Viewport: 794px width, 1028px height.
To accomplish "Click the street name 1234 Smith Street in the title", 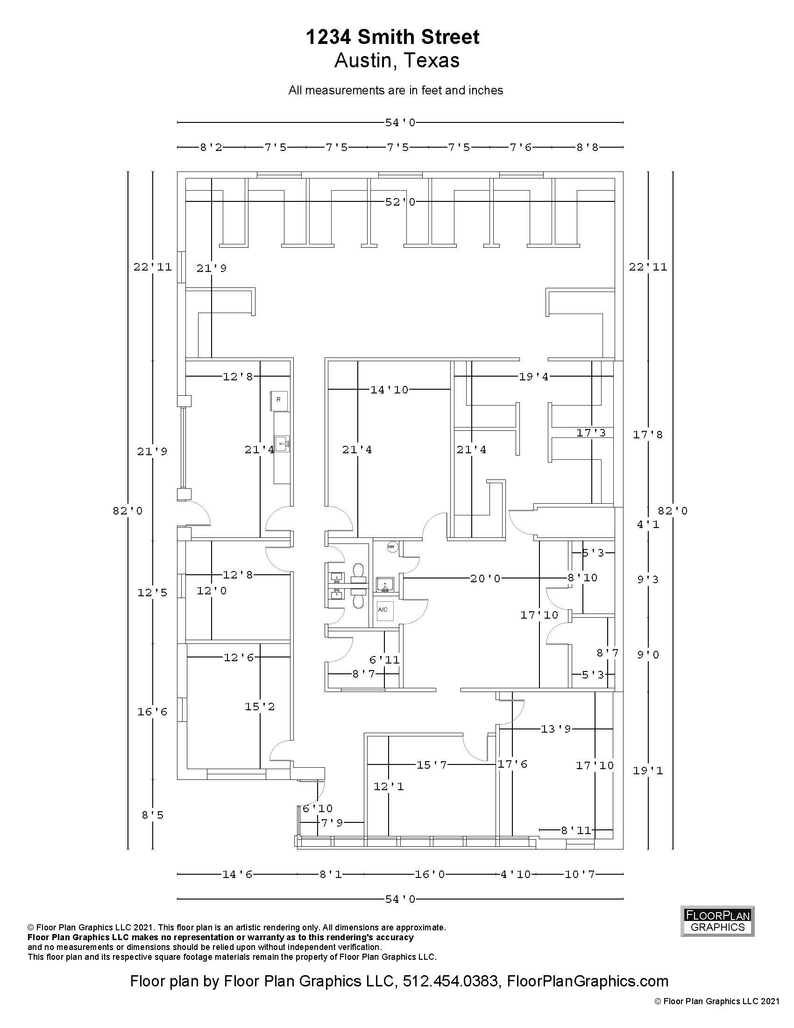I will (393, 37).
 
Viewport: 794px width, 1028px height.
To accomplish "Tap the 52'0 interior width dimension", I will (400, 202).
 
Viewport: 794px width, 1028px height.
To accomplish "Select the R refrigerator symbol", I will (278, 400).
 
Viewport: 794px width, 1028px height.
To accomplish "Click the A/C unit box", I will (383, 610).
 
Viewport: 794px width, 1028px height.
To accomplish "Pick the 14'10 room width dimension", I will (390, 389).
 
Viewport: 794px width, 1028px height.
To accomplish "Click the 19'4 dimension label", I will (533, 376).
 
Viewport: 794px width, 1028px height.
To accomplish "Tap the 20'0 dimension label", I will (485, 578).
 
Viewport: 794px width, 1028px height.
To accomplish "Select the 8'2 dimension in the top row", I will (211, 147).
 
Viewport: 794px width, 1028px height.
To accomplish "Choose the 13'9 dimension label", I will (555, 729).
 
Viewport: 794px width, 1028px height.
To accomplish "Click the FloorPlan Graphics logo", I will (717, 921).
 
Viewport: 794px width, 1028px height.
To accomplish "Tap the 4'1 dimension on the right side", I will (648, 524).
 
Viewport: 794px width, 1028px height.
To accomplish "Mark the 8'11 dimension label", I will (576, 830).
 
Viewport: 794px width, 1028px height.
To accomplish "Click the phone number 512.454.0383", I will (451, 981).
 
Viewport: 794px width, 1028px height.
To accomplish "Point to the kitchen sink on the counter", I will (283, 443).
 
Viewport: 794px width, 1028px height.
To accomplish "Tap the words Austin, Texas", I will (397, 61).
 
